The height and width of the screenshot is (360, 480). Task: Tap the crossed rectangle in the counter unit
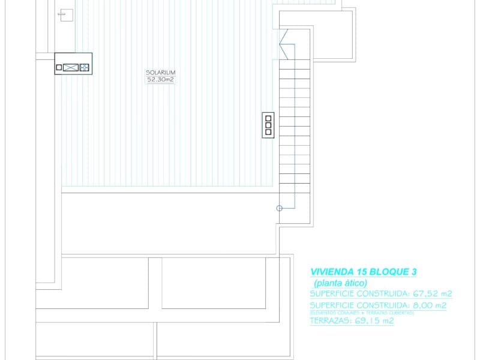click(x=71, y=68)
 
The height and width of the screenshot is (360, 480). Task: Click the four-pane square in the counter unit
click(x=85, y=68)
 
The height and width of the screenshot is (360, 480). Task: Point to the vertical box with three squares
click(x=268, y=125)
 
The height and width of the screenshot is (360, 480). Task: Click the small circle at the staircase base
click(x=279, y=208)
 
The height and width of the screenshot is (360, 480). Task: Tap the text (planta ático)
click(x=340, y=283)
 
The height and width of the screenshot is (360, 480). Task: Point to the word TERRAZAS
click(x=331, y=321)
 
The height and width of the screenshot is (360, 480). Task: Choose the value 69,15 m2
click(x=374, y=321)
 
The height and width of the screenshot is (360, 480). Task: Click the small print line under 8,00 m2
click(x=362, y=313)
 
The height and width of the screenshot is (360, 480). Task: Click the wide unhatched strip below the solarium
click(x=170, y=223)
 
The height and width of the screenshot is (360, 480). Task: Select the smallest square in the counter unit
click(x=59, y=68)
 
